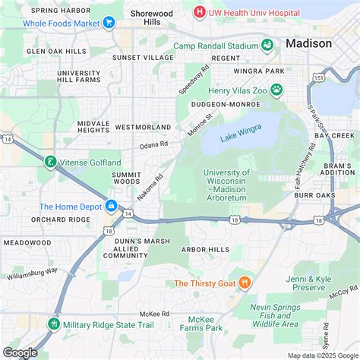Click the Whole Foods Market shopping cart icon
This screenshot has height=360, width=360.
[109, 23]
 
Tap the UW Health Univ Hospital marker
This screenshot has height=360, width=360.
[199, 11]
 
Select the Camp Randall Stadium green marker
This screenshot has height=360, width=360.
[267, 46]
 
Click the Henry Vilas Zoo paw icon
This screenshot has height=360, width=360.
[277, 90]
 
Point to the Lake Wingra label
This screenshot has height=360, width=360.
[239, 137]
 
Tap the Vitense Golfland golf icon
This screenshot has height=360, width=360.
[49, 162]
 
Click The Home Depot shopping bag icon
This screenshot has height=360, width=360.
[111, 206]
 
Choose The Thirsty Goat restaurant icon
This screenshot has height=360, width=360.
[245, 283]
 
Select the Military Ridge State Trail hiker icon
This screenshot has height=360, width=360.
[54, 324]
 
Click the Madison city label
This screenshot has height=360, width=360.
[308, 43]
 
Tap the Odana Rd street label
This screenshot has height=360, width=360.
[153, 144]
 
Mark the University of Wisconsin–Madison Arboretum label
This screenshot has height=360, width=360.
[235, 185]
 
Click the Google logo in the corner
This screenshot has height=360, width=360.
[21, 352]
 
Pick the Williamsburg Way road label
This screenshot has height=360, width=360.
[32, 273]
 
